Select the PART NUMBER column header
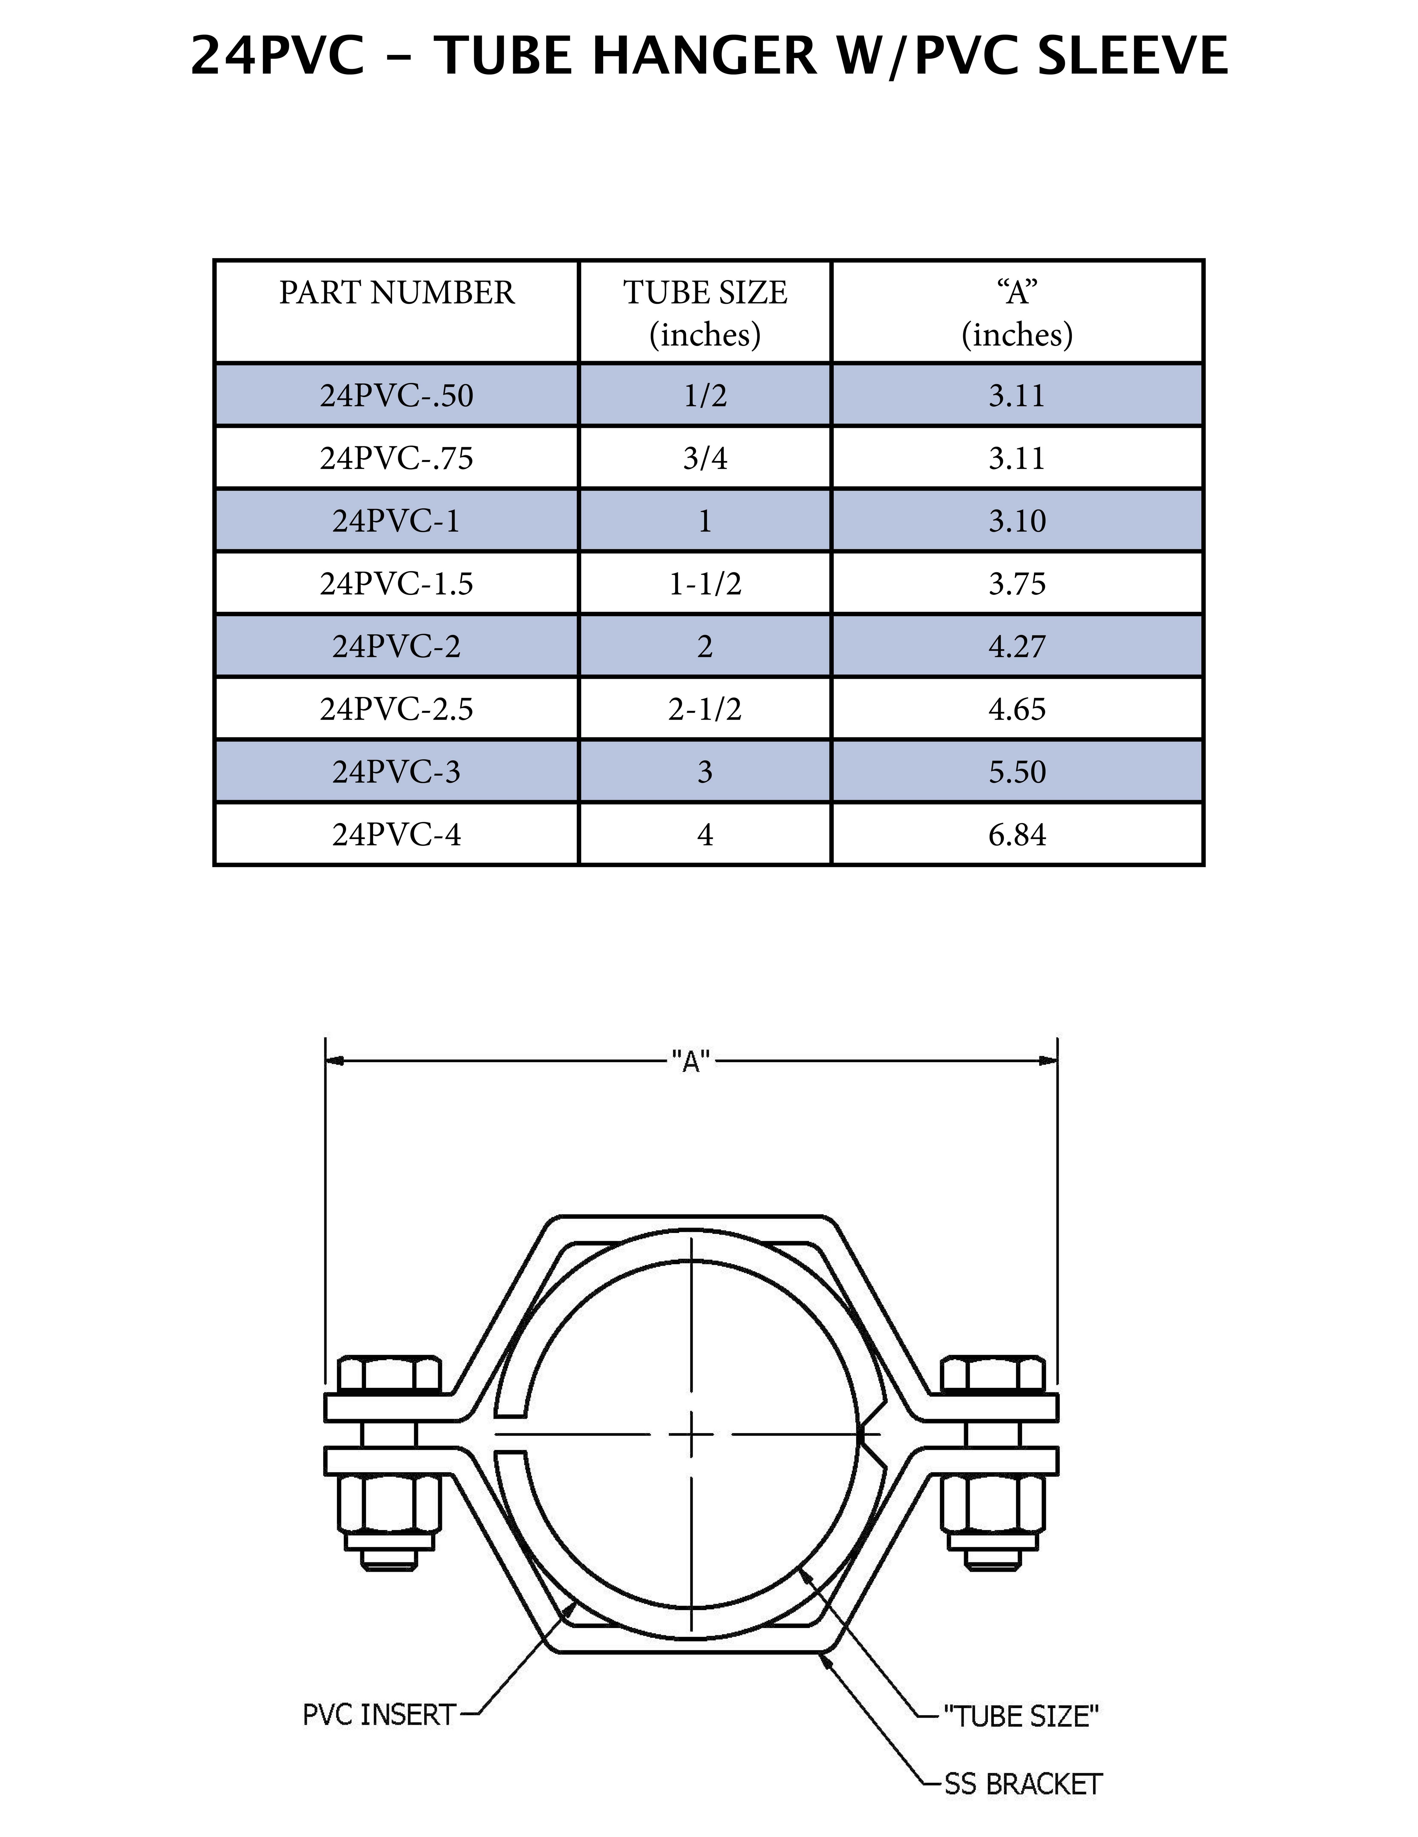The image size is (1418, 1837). (396, 293)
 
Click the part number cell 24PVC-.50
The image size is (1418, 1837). (396, 395)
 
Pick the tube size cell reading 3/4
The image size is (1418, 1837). (705, 458)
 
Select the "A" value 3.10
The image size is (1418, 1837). (1017, 521)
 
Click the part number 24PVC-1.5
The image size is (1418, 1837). (396, 584)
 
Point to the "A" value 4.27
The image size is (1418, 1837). (1017, 647)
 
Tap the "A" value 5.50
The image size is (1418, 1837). (1017, 772)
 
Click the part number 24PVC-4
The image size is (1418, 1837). (396, 835)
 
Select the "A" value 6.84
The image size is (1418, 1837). (1017, 835)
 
